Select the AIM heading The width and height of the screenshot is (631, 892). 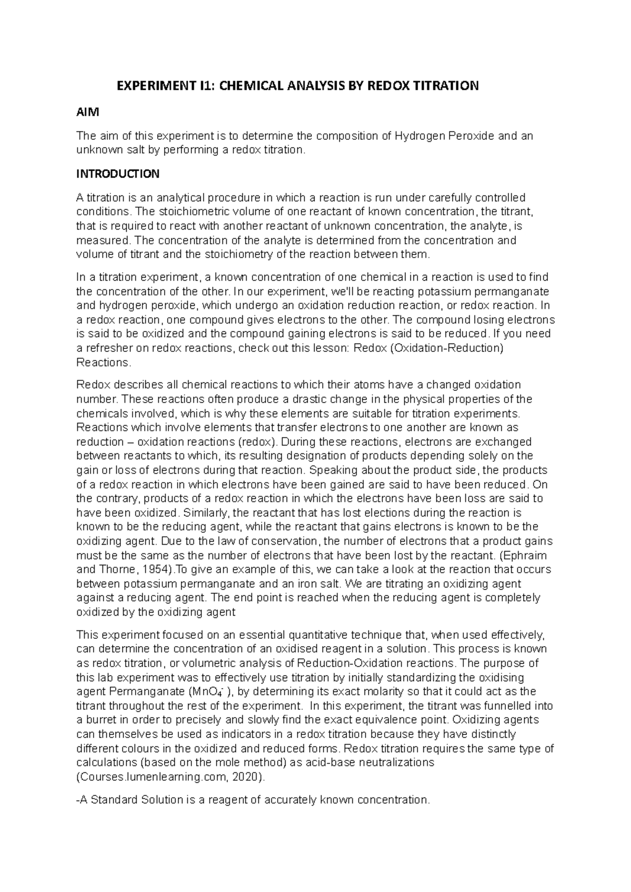pyautogui.click(x=87, y=112)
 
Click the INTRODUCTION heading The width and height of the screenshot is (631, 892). pyautogui.click(x=118, y=174)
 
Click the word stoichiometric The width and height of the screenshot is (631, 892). pyautogui.click(x=171, y=212)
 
